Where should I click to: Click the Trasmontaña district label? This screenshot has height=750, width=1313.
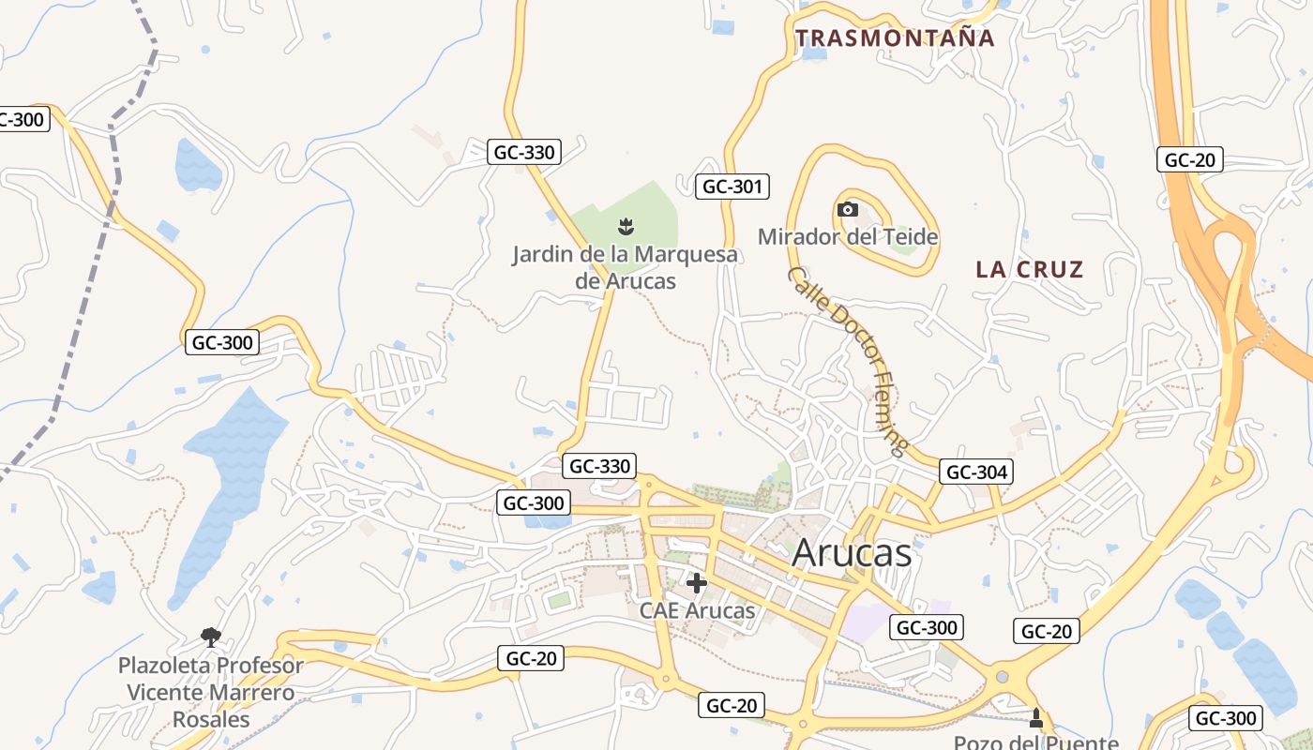pyautogui.click(x=894, y=38)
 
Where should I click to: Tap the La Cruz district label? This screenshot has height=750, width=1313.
pyautogui.click(x=1029, y=270)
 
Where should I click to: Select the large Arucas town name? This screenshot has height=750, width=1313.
pyautogui.click(x=851, y=553)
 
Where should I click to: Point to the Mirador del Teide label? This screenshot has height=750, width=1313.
pyautogui.click(x=848, y=236)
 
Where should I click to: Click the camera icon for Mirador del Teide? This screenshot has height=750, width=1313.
pyautogui.click(x=847, y=209)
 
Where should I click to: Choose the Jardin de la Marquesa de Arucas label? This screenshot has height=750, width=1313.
pyautogui.click(x=625, y=267)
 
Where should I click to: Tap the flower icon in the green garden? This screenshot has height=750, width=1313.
pyautogui.click(x=625, y=225)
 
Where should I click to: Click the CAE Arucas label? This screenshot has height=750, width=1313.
pyautogui.click(x=697, y=610)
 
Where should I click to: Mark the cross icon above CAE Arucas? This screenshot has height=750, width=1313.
pyautogui.click(x=696, y=583)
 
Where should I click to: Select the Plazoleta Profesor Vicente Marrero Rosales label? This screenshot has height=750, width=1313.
pyautogui.click(x=211, y=693)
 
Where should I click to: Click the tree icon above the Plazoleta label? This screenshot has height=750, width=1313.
pyautogui.click(x=211, y=637)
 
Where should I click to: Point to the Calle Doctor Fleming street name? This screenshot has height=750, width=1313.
pyautogui.click(x=848, y=361)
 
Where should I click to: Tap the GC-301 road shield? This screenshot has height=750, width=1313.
pyautogui.click(x=732, y=187)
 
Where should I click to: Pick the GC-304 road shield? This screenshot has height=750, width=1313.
pyautogui.click(x=976, y=472)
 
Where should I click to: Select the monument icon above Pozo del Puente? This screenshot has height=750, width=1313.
pyautogui.click(x=1035, y=718)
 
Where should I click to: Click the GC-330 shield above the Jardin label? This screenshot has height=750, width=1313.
pyautogui.click(x=524, y=152)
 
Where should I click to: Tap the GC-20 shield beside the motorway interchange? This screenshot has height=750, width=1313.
pyautogui.click(x=1189, y=159)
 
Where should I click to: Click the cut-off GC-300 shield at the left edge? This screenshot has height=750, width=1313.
pyautogui.click(x=23, y=119)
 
